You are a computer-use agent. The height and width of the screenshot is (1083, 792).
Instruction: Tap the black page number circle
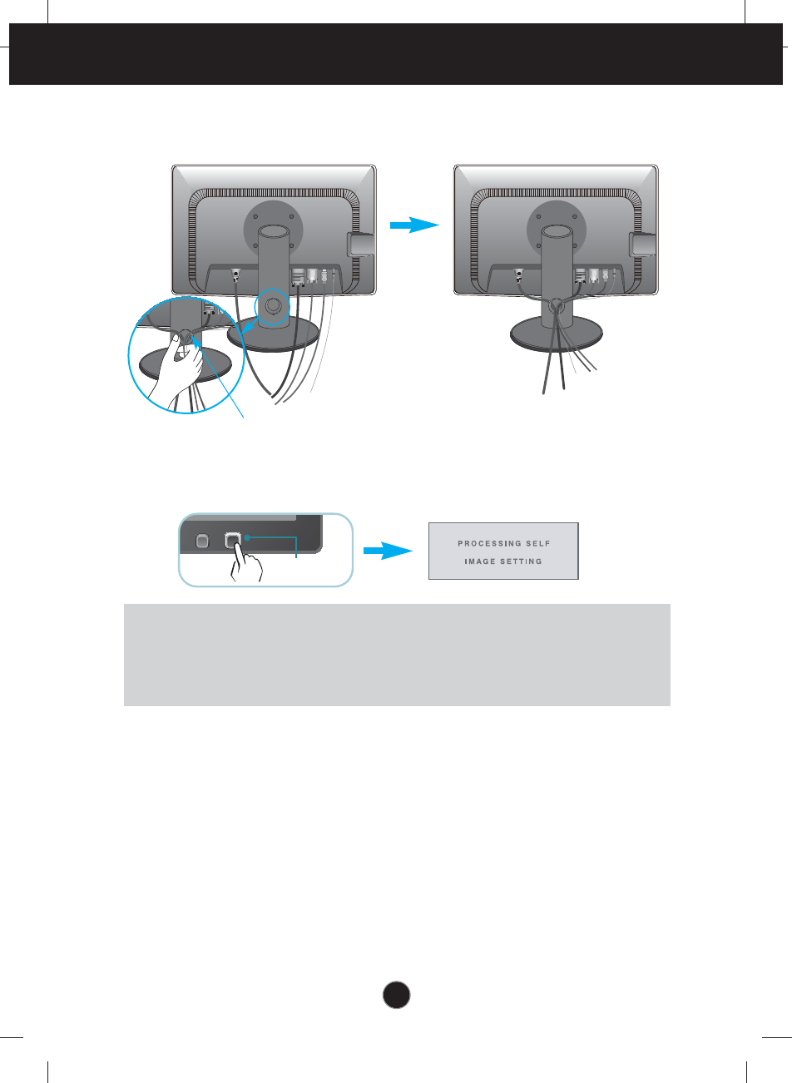click(x=397, y=994)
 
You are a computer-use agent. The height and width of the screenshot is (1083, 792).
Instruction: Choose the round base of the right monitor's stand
click(x=555, y=336)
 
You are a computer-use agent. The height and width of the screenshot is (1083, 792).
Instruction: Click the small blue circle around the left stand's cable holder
click(x=272, y=305)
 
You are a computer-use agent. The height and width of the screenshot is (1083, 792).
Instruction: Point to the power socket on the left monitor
click(x=235, y=274)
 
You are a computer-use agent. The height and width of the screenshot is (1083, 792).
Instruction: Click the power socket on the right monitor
click(x=517, y=273)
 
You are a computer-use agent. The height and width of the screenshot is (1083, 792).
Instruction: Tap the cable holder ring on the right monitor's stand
click(x=556, y=307)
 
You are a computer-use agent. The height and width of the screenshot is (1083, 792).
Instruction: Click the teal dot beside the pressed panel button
click(x=247, y=538)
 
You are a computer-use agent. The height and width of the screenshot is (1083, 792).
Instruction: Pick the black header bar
click(x=396, y=54)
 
